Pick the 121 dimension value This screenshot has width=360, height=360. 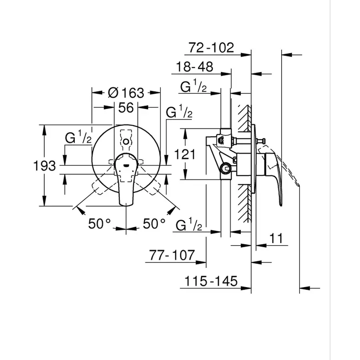pos(184,154)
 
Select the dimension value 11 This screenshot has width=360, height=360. pos(276,238)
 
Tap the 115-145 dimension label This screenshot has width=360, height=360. pos(211,281)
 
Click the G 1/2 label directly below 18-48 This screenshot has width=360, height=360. pos(193,86)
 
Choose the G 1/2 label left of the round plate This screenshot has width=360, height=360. pos(78,138)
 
